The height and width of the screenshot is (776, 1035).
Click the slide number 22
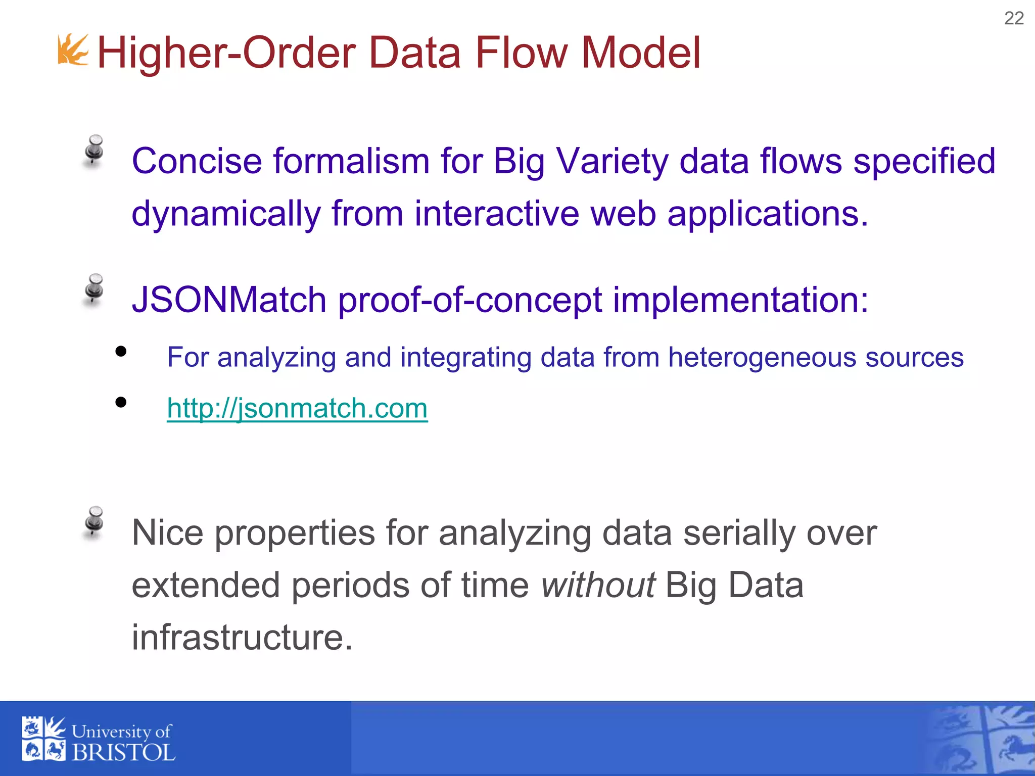1013,19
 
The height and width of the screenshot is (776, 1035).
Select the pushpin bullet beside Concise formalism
94,150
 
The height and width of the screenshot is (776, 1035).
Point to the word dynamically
226,214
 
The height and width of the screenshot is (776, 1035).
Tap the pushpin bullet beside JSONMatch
94,289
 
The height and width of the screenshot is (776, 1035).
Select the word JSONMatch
228,300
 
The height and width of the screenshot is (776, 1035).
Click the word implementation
740,300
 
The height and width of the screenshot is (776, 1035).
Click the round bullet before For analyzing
121,351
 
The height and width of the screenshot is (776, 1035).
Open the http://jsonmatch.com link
297,408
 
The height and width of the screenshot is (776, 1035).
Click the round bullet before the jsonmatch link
121,402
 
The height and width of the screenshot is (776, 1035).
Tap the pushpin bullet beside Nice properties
94,521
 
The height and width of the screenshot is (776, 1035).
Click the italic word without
598,585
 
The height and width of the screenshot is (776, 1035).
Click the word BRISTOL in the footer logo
123,752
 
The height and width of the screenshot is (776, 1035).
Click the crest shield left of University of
43,739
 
